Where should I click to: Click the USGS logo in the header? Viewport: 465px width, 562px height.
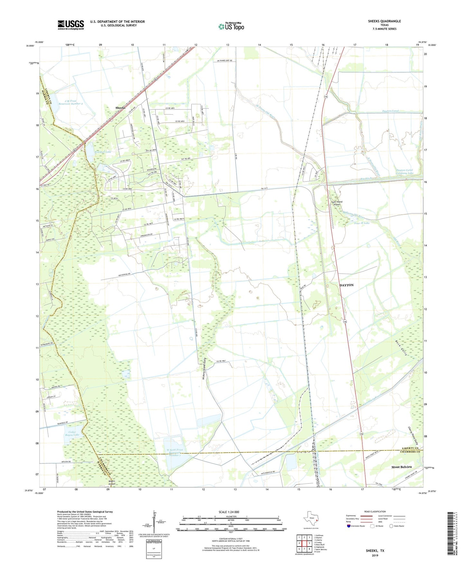[71, 25]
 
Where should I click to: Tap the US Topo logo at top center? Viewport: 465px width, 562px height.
[231, 26]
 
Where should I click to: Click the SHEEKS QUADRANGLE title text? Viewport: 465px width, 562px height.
[384, 21]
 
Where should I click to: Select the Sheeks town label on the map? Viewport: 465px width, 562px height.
[120, 108]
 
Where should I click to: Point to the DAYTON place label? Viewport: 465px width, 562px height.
[347, 285]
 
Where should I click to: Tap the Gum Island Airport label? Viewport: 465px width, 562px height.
[337, 203]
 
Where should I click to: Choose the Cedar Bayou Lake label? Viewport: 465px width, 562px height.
[72, 434]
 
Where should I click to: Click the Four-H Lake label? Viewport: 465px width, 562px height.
[362, 223]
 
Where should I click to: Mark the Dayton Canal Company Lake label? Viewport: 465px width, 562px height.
[405, 172]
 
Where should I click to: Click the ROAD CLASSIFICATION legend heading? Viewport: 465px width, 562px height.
[375, 511]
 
